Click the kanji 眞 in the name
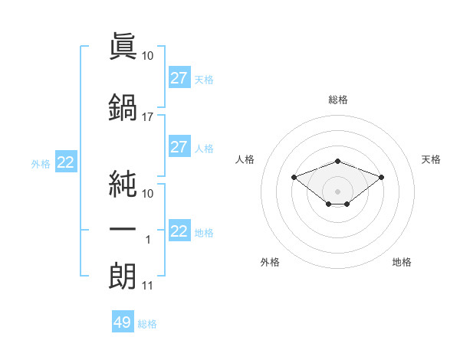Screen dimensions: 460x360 point(123,46)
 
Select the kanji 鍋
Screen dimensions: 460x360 point(123,107)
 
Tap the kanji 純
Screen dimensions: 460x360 point(123,184)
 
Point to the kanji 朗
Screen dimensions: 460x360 point(123,276)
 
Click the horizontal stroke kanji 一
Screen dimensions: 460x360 point(123,229)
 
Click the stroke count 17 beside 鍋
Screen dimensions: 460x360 point(147,117)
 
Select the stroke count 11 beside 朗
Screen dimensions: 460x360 point(147,286)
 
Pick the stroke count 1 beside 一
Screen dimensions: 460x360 point(148,240)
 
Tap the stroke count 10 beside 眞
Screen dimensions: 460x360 point(147,56)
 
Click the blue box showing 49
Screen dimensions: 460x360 point(123,321)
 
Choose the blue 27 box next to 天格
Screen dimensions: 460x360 point(180,77)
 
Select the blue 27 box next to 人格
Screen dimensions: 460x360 point(180,146)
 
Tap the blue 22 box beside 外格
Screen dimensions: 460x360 point(66,162)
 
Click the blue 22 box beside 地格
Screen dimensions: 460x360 point(180,230)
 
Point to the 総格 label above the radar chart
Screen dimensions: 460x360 point(338,100)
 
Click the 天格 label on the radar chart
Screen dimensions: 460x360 point(431,159)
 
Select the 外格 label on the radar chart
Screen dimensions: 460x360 point(270,262)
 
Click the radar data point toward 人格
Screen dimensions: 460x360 point(294,177)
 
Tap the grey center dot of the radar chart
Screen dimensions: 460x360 point(337,191)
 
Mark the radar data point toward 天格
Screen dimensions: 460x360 point(381,177)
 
